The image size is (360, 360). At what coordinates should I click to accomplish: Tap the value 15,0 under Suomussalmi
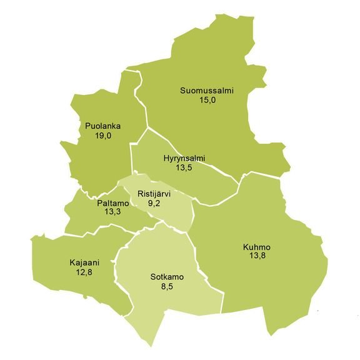point(207,100)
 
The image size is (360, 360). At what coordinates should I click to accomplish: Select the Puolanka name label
point(103,126)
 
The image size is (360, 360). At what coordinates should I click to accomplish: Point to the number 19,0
point(103,136)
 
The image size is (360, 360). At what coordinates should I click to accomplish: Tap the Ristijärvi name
point(154,194)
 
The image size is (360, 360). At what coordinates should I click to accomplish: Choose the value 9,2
point(154,203)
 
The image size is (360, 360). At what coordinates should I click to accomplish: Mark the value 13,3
point(112,212)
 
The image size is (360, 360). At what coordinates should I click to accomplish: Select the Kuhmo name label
point(257,247)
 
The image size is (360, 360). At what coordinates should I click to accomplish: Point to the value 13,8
point(257,256)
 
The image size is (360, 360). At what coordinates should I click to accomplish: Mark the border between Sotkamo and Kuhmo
point(206,278)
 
